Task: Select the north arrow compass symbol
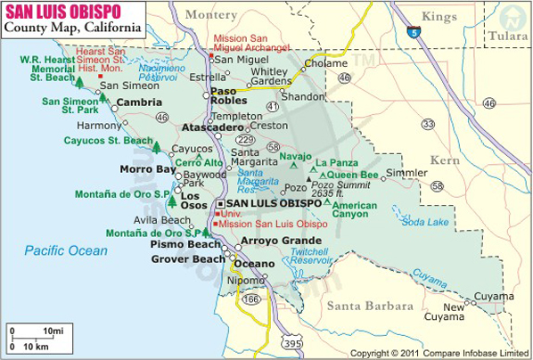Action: point(511,19)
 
